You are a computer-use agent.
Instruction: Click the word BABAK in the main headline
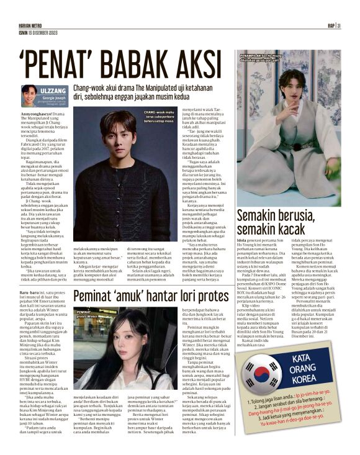pyautogui.click(x=133, y=63)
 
